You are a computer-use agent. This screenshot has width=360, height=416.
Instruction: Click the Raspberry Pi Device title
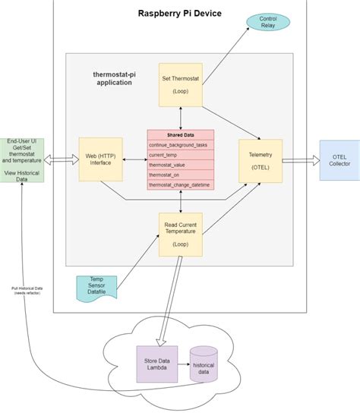180,14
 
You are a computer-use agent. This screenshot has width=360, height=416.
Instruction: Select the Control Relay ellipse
267,22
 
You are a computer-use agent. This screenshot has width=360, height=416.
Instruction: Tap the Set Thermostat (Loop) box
180,84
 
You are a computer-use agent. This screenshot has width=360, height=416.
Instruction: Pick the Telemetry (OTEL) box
260,160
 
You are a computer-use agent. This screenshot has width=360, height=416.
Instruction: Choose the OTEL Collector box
339,160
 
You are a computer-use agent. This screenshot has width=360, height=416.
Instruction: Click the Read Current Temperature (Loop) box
180,235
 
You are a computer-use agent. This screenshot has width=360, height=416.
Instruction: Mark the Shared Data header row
180,135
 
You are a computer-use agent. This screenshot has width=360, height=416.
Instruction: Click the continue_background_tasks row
180,144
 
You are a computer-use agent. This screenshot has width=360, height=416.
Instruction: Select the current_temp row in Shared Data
180,155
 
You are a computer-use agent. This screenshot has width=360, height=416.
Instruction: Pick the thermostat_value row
180,165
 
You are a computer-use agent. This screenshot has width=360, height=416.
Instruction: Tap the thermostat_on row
180,175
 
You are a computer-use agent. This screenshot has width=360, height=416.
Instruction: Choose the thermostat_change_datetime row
180,184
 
